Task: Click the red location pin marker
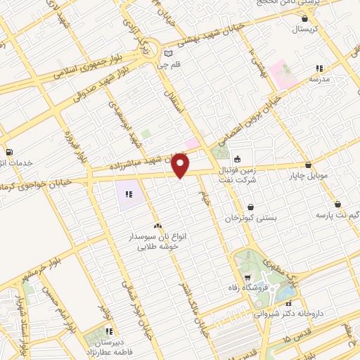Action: point(181,166)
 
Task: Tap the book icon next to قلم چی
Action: point(167,53)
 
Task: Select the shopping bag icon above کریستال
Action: point(304,19)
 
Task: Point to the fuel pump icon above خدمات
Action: point(8,152)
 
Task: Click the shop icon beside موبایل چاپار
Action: point(308,165)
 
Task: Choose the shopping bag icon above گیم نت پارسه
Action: point(338,204)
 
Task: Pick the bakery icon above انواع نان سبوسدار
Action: point(157,226)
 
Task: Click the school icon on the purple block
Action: point(128,194)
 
